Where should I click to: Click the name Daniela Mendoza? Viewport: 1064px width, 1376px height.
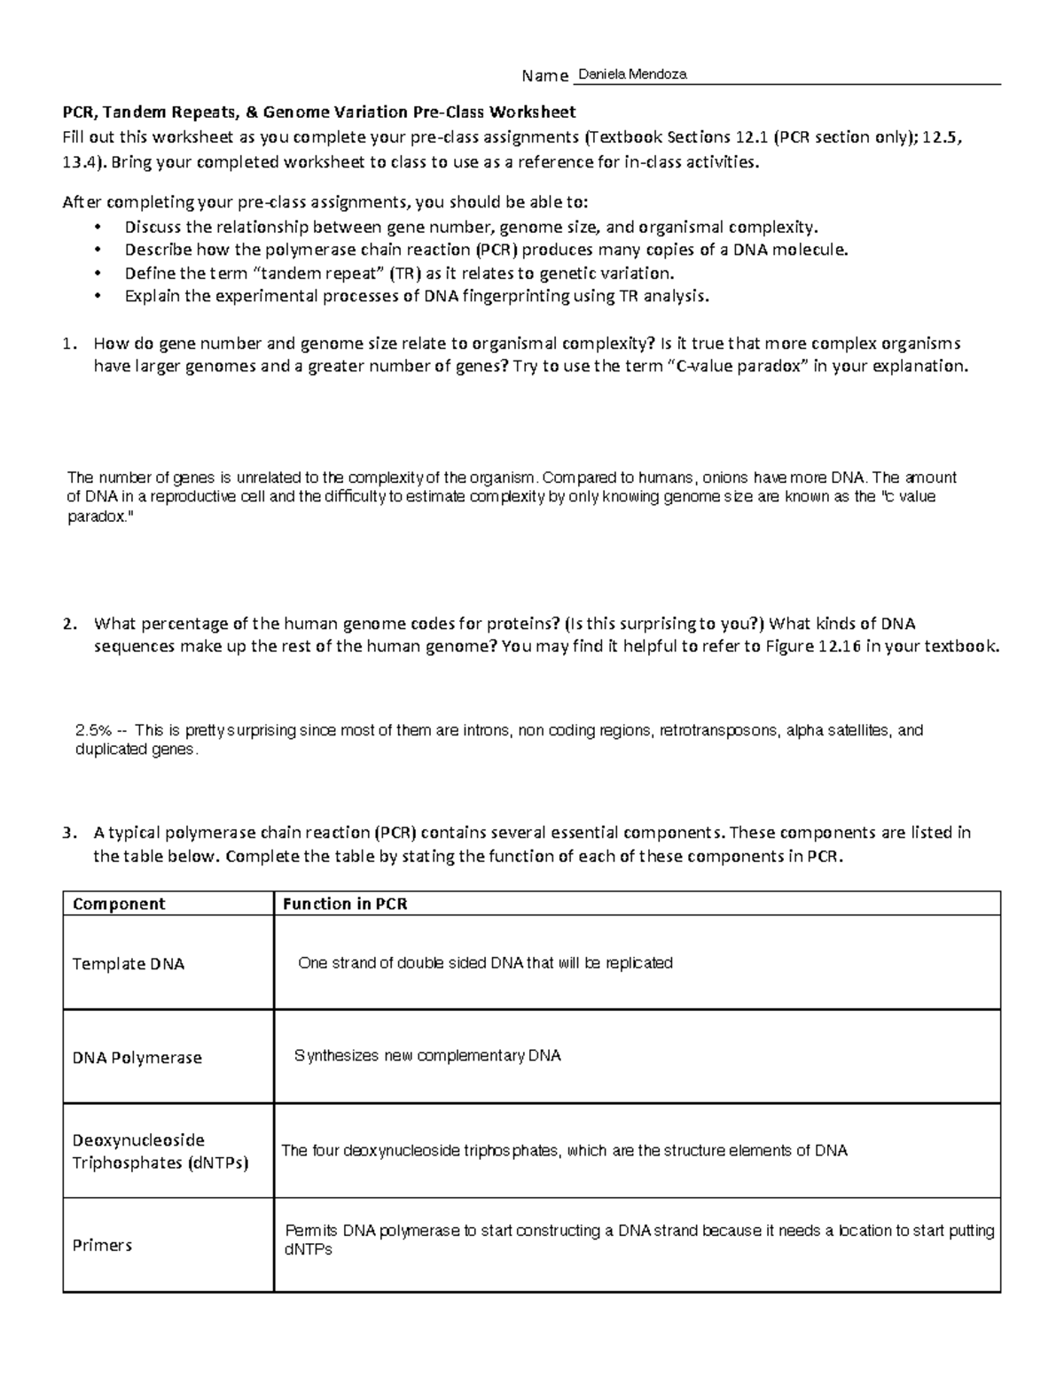[630, 76]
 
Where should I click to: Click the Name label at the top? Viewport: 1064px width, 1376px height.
[544, 76]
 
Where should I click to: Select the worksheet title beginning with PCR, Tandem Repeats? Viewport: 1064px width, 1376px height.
[318, 113]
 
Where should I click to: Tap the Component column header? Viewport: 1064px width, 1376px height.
[119, 904]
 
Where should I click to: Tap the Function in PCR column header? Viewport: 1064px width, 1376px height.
[345, 904]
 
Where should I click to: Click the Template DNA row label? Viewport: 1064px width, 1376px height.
[129, 964]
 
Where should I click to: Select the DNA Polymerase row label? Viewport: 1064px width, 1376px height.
[137, 1058]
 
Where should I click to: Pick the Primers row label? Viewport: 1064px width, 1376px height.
[102, 1245]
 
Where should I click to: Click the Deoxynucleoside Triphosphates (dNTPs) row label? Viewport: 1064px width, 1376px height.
[160, 1151]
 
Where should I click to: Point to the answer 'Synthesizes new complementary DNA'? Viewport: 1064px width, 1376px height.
[427, 1056]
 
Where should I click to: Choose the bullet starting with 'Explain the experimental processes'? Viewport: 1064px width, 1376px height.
[417, 296]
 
